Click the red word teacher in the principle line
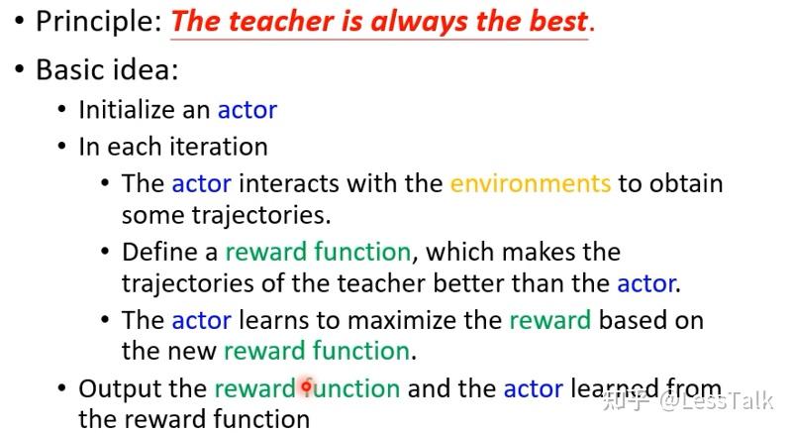pos(281,22)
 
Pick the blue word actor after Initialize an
pos(248,110)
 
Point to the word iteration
pos(218,147)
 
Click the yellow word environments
pos(531,183)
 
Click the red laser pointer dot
pos(306,387)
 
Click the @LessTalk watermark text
pos(716,401)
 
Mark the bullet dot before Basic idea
pos(20,69)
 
